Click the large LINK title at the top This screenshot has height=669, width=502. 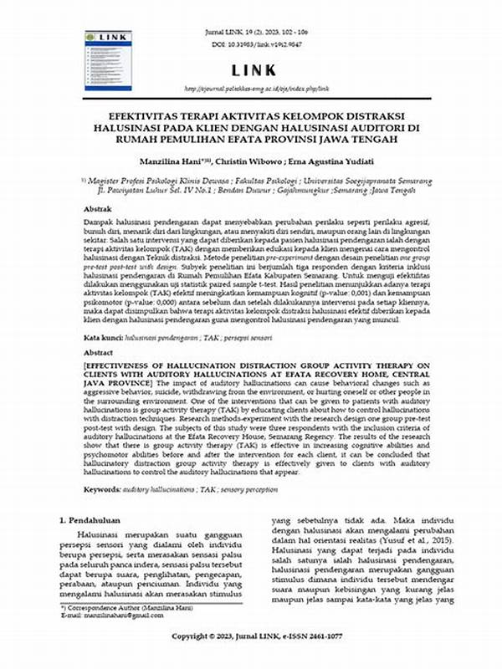[x=251, y=69]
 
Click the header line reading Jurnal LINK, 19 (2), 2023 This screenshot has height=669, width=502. [x=251, y=31]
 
